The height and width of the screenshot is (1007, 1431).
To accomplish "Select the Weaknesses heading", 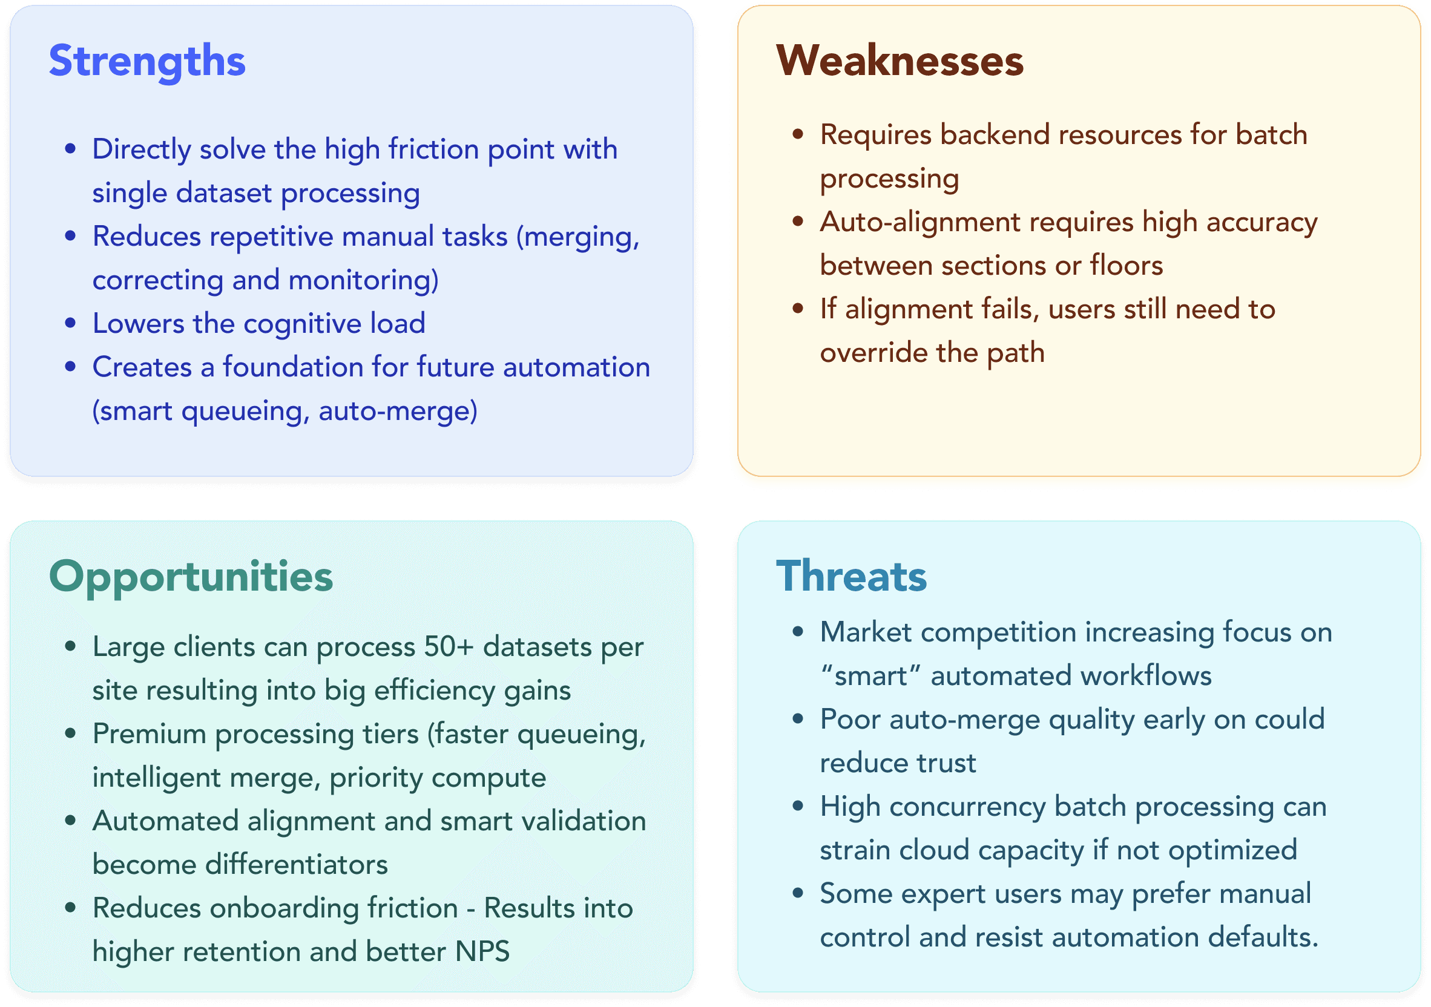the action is coord(900,61).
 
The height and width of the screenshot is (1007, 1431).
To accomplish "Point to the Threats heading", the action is coord(851,576).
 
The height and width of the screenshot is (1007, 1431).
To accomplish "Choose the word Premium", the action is coord(150,734).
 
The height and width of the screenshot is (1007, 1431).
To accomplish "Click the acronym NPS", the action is coord(482,952).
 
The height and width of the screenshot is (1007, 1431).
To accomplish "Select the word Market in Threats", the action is coord(866,632).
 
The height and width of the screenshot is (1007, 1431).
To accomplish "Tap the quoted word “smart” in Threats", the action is coord(871,676).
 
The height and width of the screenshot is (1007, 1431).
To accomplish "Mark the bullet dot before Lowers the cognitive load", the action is coord(70,323).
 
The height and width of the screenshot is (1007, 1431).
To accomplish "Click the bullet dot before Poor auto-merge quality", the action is coord(798,719).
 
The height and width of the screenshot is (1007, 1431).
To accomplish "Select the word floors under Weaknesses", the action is coord(1127,266).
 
